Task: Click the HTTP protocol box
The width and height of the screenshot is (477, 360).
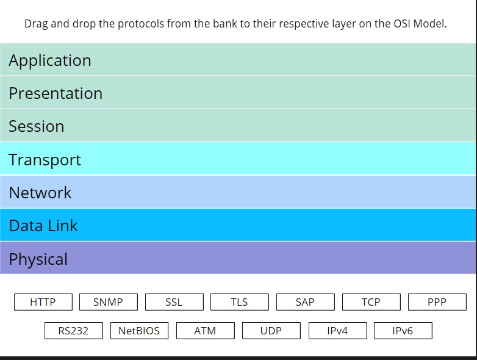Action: pyautogui.click(x=43, y=302)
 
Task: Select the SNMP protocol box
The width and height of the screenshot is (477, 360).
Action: pyautogui.click(x=108, y=302)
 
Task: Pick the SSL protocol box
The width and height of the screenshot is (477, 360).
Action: pyautogui.click(x=174, y=302)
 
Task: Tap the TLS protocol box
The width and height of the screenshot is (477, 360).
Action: pyautogui.click(x=239, y=302)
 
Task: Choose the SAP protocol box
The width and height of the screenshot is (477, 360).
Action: pyautogui.click(x=305, y=302)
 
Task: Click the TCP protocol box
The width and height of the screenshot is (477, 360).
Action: pyautogui.click(x=371, y=302)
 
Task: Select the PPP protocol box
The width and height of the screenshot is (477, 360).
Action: pyautogui.click(x=437, y=302)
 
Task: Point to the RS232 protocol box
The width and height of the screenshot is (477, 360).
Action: pyautogui.click(x=73, y=331)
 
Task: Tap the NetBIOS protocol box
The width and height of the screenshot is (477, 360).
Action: pyautogui.click(x=139, y=331)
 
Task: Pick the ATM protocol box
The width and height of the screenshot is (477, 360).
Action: pyautogui.click(x=205, y=331)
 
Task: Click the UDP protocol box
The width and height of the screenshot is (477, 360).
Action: pyautogui.click(x=271, y=331)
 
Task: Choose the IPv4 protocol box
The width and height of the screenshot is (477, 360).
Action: pyautogui.click(x=337, y=331)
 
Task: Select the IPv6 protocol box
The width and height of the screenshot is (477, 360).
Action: pyautogui.click(x=403, y=331)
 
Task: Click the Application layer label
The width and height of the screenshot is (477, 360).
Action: pyautogui.click(x=50, y=60)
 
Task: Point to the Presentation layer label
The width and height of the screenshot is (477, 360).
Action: pyautogui.click(x=56, y=93)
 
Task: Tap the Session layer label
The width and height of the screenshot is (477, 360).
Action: pyautogui.click(x=37, y=126)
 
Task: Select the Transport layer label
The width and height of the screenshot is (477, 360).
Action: pyautogui.click(x=45, y=160)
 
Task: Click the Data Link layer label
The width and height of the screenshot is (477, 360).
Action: pyautogui.click(x=43, y=226)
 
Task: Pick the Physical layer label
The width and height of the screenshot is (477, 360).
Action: pyautogui.click(x=38, y=259)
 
